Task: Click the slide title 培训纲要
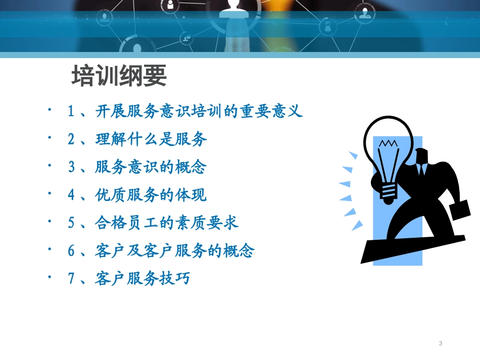pyautogui.click(x=119, y=77)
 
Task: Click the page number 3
pyautogui.click(x=441, y=343)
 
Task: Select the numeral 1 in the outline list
pyautogui.click(x=71, y=112)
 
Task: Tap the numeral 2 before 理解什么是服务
pyautogui.click(x=71, y=139)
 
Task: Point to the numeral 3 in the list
pyautogui.click(x=71, y=167)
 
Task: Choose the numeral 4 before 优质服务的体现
pyautogui.click(x=71, y=195)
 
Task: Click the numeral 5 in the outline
pyautogui.click(x=71, y=223)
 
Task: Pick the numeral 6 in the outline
pyautogui.click(x=71, y=250)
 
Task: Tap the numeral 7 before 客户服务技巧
pyautogui.click(x=71, y=278)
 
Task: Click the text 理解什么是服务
pyautogui.click(x=151, y=139)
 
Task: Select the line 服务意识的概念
pyautogui.click(x=151, y=167)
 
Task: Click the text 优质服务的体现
pyautogui.click(x=151, y=195)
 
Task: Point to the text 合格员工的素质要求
pyautogui.click(x=167, y=223)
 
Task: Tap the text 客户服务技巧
pyautogui.click(x=142, y=278)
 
